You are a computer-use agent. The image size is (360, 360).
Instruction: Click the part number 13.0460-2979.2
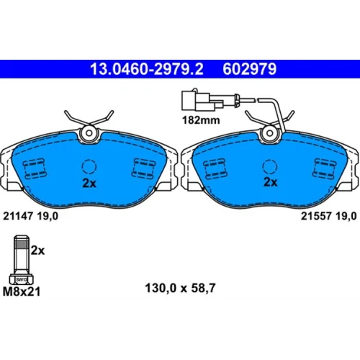[147, 69]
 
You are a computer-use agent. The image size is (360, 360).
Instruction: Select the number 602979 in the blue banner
[250, 69]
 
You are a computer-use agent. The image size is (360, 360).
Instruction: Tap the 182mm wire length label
[201, 120]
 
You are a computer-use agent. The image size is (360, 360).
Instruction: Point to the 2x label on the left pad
[89, 184]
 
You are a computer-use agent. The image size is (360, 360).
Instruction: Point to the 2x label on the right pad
[271, 182]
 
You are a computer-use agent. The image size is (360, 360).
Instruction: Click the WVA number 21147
[17, 216]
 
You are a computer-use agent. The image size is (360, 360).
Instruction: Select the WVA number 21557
[316, 216]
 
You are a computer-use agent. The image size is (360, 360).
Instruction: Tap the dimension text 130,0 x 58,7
[180, 288]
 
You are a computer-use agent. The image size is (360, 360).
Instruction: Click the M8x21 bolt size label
[22, 292]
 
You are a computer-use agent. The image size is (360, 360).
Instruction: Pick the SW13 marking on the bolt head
[22, 279]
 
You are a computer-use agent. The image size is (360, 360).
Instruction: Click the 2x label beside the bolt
[37, 251]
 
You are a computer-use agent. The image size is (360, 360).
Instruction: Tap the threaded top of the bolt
[22, 243]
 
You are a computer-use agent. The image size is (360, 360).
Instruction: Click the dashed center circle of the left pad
[89, 166]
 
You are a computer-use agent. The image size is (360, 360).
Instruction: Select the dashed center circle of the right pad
[270, 166]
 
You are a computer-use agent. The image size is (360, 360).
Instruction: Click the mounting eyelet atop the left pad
[89, 133]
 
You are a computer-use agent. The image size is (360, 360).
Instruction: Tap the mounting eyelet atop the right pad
[270, 133]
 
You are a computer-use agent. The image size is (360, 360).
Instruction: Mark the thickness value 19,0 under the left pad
[48, 216]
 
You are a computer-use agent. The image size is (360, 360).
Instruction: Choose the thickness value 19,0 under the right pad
[346, 216]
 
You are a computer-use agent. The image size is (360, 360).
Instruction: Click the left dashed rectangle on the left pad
[35, 168]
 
